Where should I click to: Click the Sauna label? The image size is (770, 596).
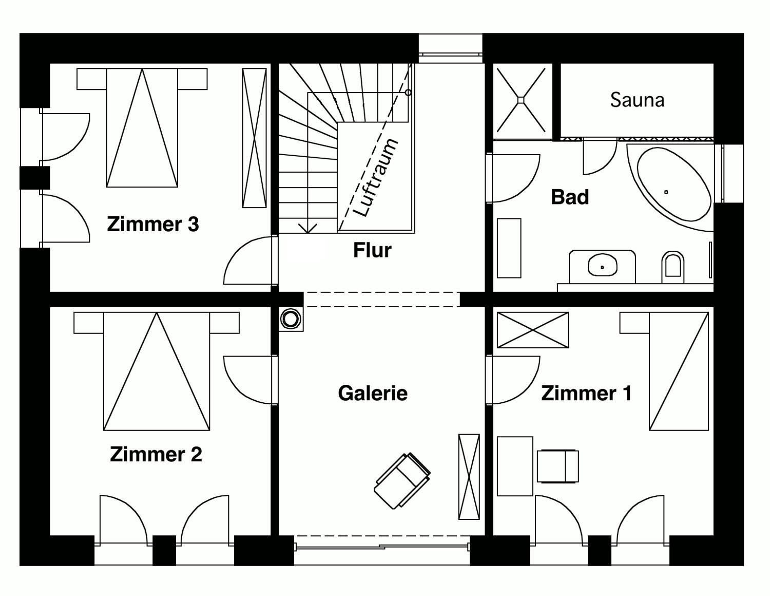(x=637, y=100)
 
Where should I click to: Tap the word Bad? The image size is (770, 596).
(x=570, y=197)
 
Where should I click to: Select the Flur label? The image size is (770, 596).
(x=372, y=250)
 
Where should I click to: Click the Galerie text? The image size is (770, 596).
(x=373, y=393)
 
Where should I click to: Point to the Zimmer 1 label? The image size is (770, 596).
(x=586, y=394)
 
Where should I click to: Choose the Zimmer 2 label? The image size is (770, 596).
(x=156, y=454)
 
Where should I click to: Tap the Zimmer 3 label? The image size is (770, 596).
(x=153, y=224)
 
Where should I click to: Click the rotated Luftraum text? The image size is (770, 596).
(x=377, y=178)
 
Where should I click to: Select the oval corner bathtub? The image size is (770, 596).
(x=674, y=183)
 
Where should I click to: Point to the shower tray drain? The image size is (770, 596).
(x=521, y=100)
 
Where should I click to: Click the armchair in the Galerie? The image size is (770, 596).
(x=402, y=481)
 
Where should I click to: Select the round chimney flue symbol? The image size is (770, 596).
(x=291, y=319)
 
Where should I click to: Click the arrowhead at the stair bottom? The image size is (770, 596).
(x=307, y=229)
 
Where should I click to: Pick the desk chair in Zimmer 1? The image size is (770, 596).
(x=558, y=466)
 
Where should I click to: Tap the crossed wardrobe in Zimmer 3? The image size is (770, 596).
(x=254, y=138)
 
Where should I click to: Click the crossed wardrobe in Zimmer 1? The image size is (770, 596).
(x=533, y=330)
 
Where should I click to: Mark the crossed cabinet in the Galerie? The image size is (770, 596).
(x=469, y=477)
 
